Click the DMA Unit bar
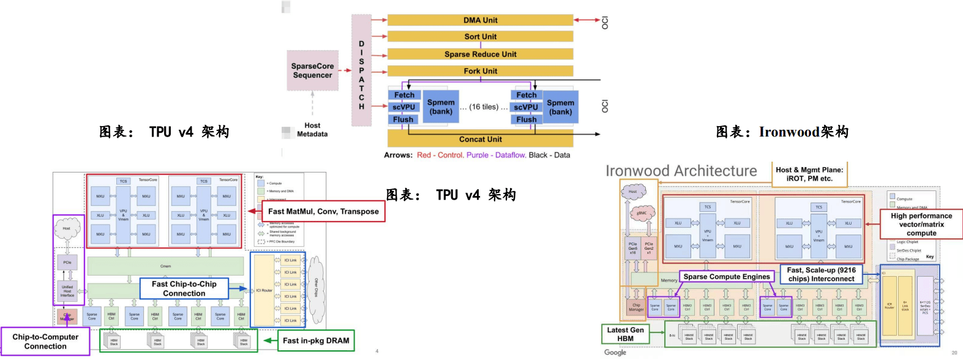coord(480,20)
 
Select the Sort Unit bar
coord(480,37)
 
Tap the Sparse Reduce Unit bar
coord(480,54)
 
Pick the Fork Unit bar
coord(480,71)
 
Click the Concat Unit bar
coord(480,139)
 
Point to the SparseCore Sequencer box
coord(313,71)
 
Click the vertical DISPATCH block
coord(361,70)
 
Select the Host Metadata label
coord(312,130)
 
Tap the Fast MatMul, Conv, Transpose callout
coord(323,211)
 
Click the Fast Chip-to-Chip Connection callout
coord(184,288)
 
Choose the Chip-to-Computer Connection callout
coord(45,342)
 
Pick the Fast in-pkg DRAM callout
coord(316,340)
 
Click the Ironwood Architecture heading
coord(681,171)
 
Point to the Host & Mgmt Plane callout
coord(809,174)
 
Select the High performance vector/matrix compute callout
coord(921,224)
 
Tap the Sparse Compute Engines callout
coord(727,277)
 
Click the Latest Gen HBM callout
coord(625,334)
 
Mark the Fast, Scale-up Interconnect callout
coord(821,274)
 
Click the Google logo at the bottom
coord(615,352)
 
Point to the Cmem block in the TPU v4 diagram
coord(166,266)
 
